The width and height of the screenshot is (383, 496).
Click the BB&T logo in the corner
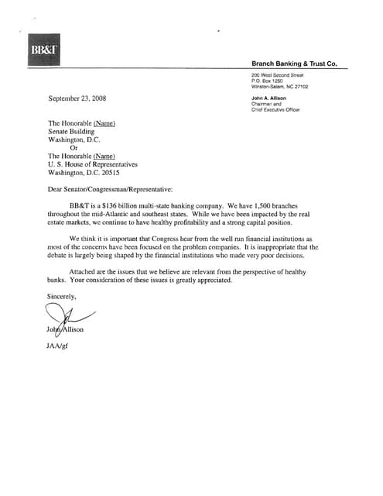click(39, 48)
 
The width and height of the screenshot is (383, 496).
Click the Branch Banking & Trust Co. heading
click(294, 64)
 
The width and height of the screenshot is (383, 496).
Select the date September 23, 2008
click(77, 99)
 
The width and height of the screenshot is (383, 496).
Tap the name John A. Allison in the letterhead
click(270, 99)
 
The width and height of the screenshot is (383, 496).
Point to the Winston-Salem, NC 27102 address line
click(279, 86)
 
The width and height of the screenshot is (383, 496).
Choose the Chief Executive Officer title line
click(275, 110)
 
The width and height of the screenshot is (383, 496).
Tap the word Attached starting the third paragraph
click(84, 272)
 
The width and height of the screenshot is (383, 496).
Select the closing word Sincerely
click(63, 296)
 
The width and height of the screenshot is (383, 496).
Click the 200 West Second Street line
click(278, 74)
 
